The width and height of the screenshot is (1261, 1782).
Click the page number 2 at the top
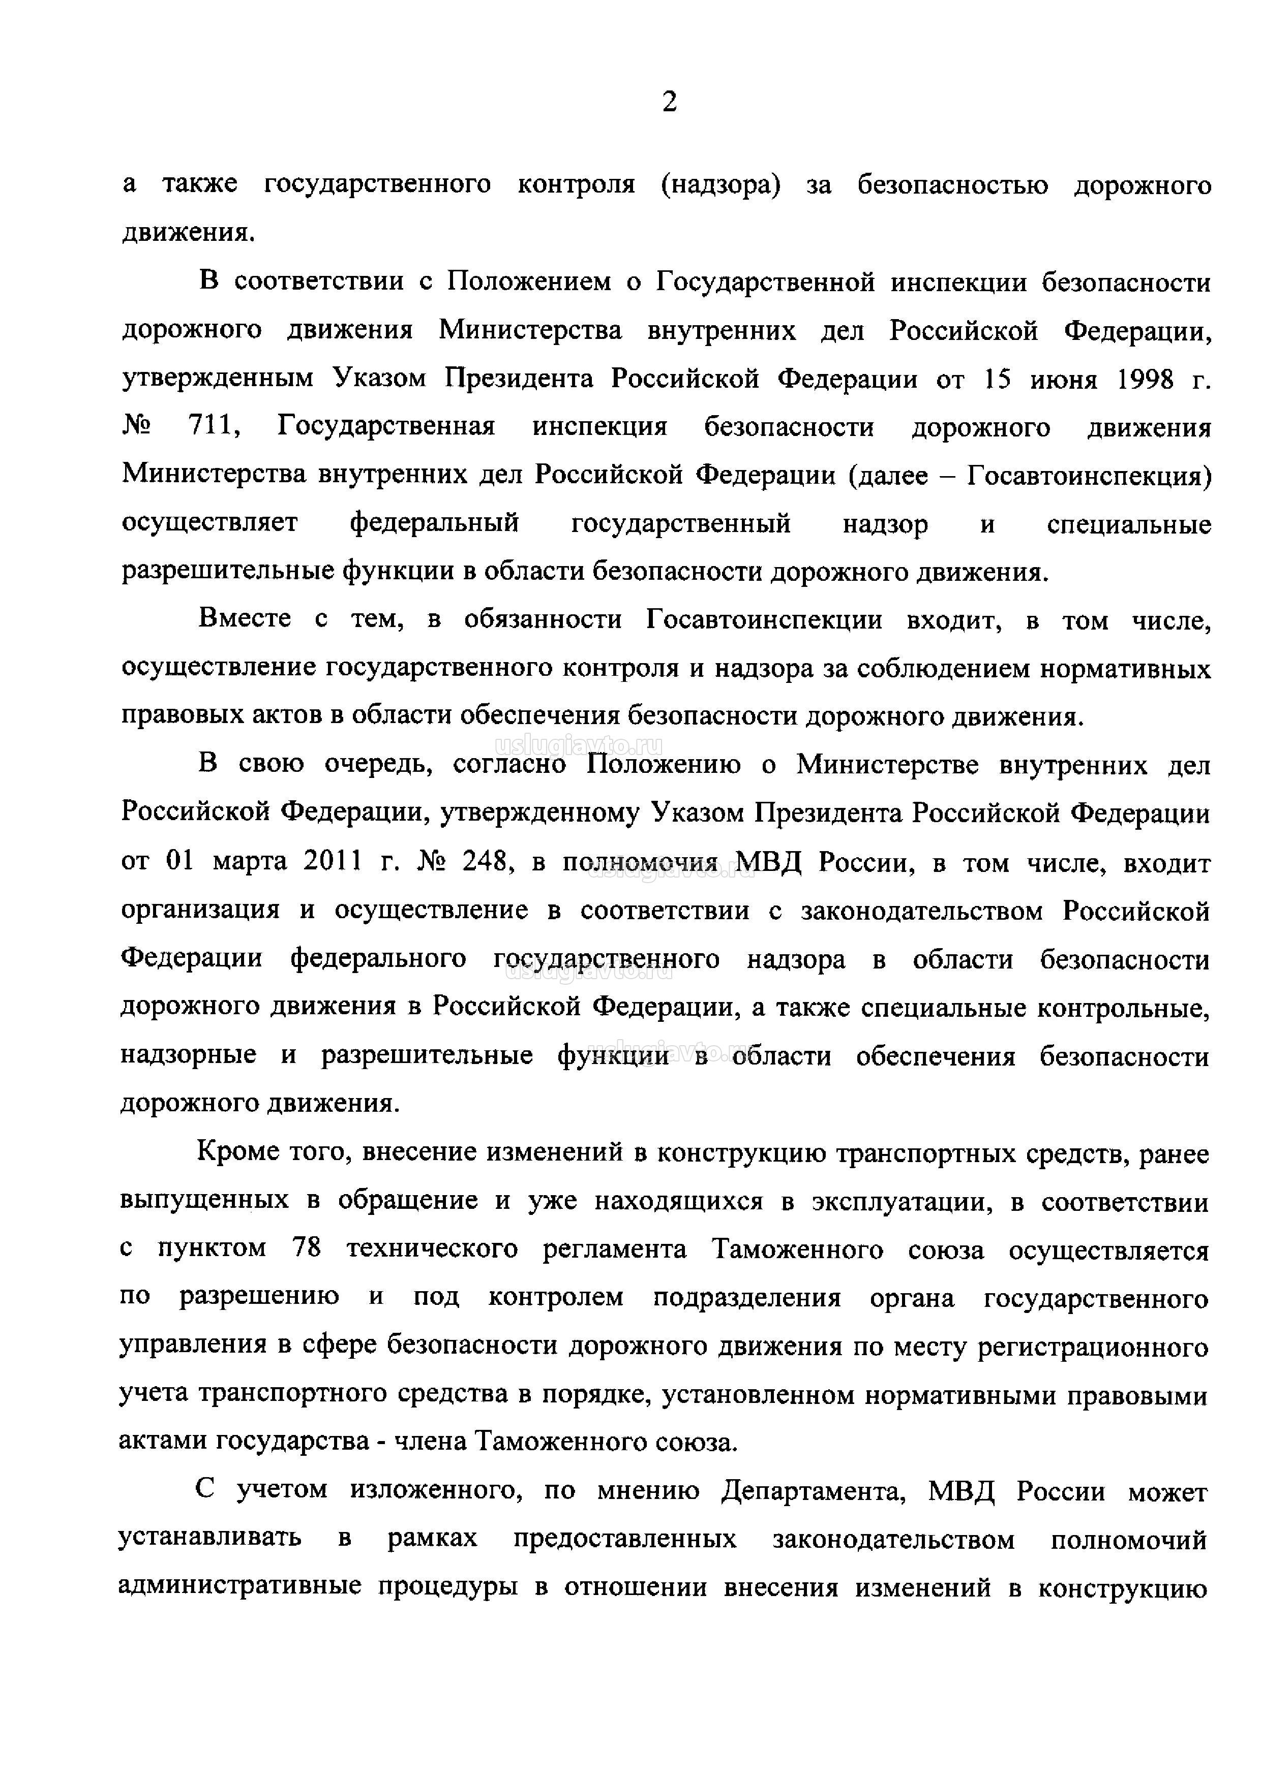(x=669, y=102)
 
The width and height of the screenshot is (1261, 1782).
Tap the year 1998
(x=1145, y=380)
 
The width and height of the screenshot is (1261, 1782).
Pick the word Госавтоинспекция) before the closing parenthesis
(x=1089, y=476)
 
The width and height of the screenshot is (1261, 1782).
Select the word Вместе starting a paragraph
(x=246, y=620)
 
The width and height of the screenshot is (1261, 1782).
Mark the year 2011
(x=333, y=862)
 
